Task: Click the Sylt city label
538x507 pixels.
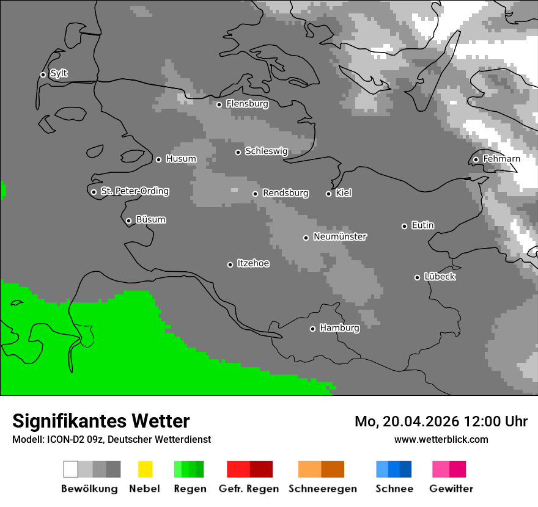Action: click(59, 74)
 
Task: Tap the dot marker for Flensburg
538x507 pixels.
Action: click(219, 104)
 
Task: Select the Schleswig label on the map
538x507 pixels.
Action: click(266, 151)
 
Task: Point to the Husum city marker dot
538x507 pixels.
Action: click(158, 159)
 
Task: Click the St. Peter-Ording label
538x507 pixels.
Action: click(134, 191)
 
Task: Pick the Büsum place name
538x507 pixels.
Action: click(150, 220)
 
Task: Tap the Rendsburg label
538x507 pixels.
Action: click(285, 193)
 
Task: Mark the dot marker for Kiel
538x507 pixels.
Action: click(328, 194)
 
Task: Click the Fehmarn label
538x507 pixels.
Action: click(501, 159)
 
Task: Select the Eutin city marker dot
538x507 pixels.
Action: click(404, 226)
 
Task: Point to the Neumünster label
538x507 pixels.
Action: click(340, 236)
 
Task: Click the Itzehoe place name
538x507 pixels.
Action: click(253, 263)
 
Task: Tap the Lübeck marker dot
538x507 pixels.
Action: click(417, 277)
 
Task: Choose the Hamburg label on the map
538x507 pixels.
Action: click(339, 328)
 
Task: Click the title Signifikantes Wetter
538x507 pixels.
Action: click(101, 421)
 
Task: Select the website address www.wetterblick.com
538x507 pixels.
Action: click(441, 439)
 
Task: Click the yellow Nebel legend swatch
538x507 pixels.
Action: click(145, 469)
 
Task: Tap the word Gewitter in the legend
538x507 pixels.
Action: click(451, 489)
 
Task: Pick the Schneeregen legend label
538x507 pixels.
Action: click(322, 489)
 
